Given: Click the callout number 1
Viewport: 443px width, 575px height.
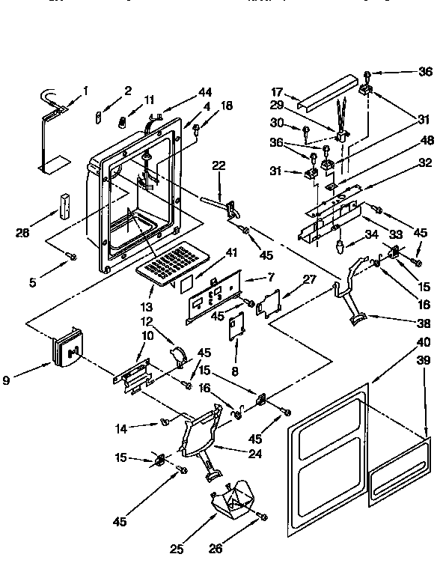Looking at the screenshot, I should click(x=85, y=91).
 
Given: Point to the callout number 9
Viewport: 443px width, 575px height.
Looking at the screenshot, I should click(x=7, y=380).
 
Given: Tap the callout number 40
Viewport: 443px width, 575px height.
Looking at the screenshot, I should click(x=424, y=342).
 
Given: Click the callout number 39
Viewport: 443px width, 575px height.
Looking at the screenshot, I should click(x=424, y=361).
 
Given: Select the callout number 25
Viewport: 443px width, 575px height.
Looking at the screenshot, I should click(x=177, y=549).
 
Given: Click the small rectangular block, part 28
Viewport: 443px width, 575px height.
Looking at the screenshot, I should click(x=65, y=204).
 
